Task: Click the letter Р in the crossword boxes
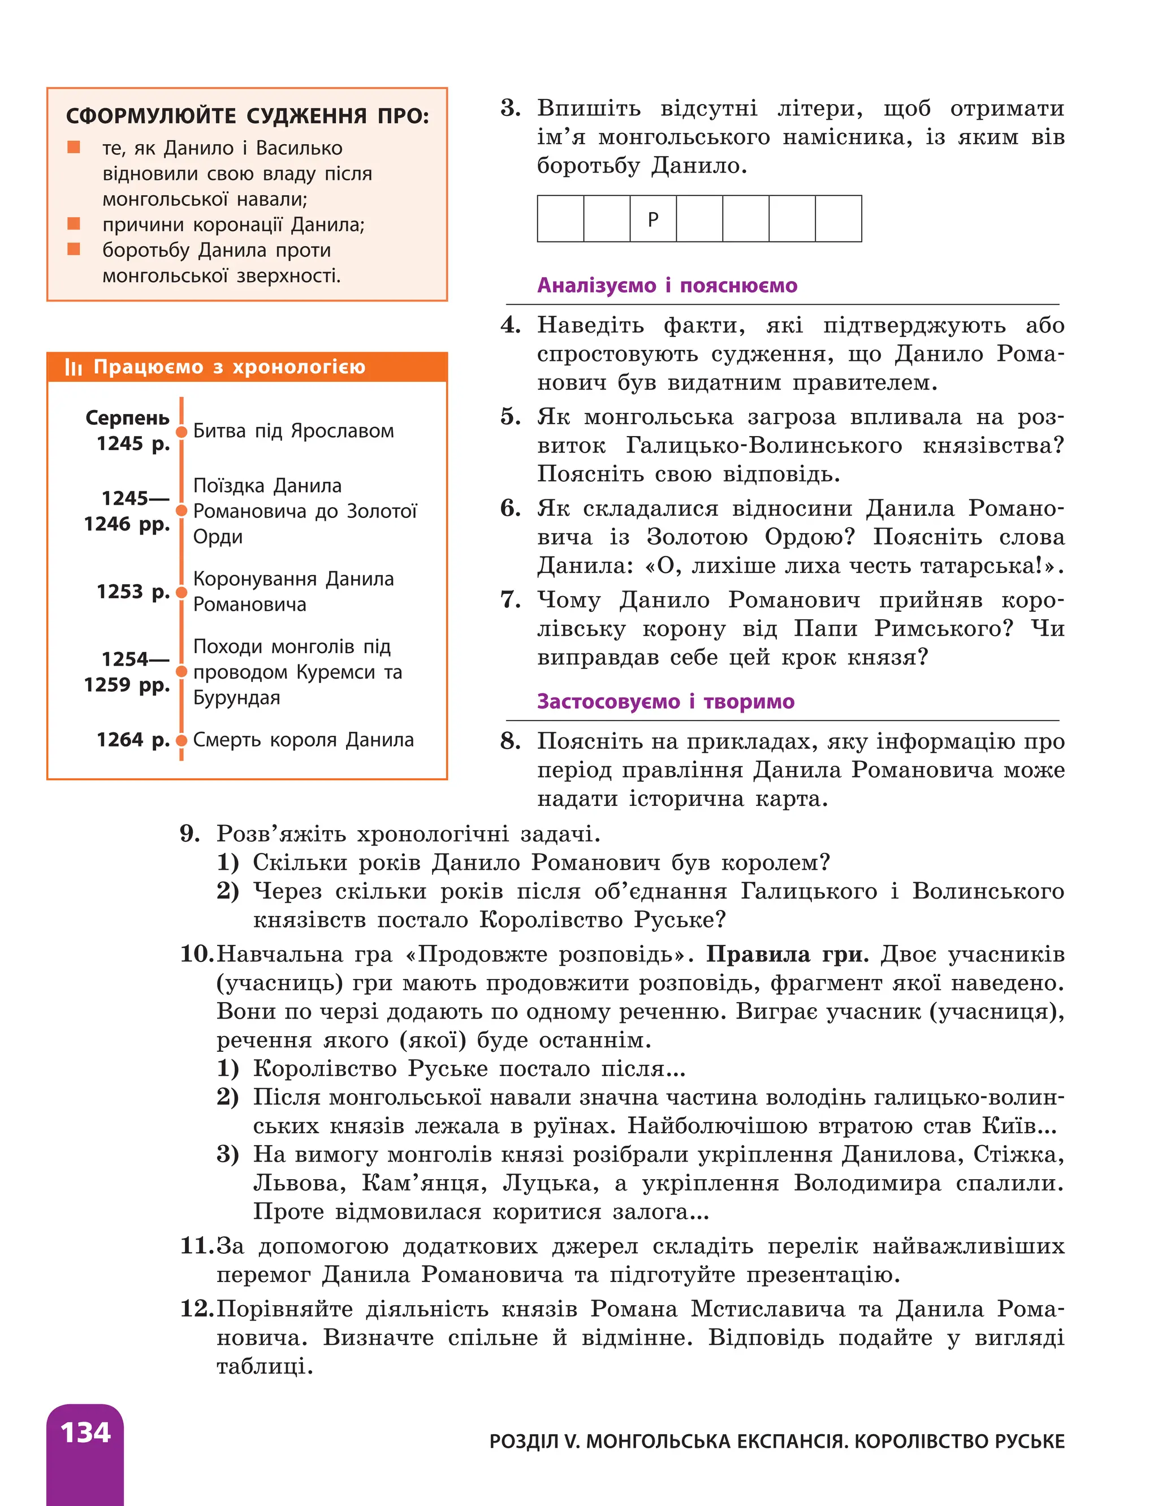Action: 653,219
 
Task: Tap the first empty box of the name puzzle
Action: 560,219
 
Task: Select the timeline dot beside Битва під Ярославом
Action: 182,432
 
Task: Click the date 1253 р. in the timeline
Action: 133,592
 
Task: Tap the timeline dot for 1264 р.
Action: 182,740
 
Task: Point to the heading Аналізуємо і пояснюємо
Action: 667,286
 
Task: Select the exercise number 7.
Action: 510,599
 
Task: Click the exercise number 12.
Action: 196,1308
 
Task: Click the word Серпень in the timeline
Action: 128,418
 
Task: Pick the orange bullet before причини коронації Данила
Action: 74,223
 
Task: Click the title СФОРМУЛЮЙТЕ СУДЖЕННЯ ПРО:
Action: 247,116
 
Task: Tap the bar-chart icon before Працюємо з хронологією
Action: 73,368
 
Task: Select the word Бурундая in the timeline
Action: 236,697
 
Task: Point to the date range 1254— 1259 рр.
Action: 128,672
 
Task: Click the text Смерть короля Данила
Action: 303,740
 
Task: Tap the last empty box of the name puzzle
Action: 838,219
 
